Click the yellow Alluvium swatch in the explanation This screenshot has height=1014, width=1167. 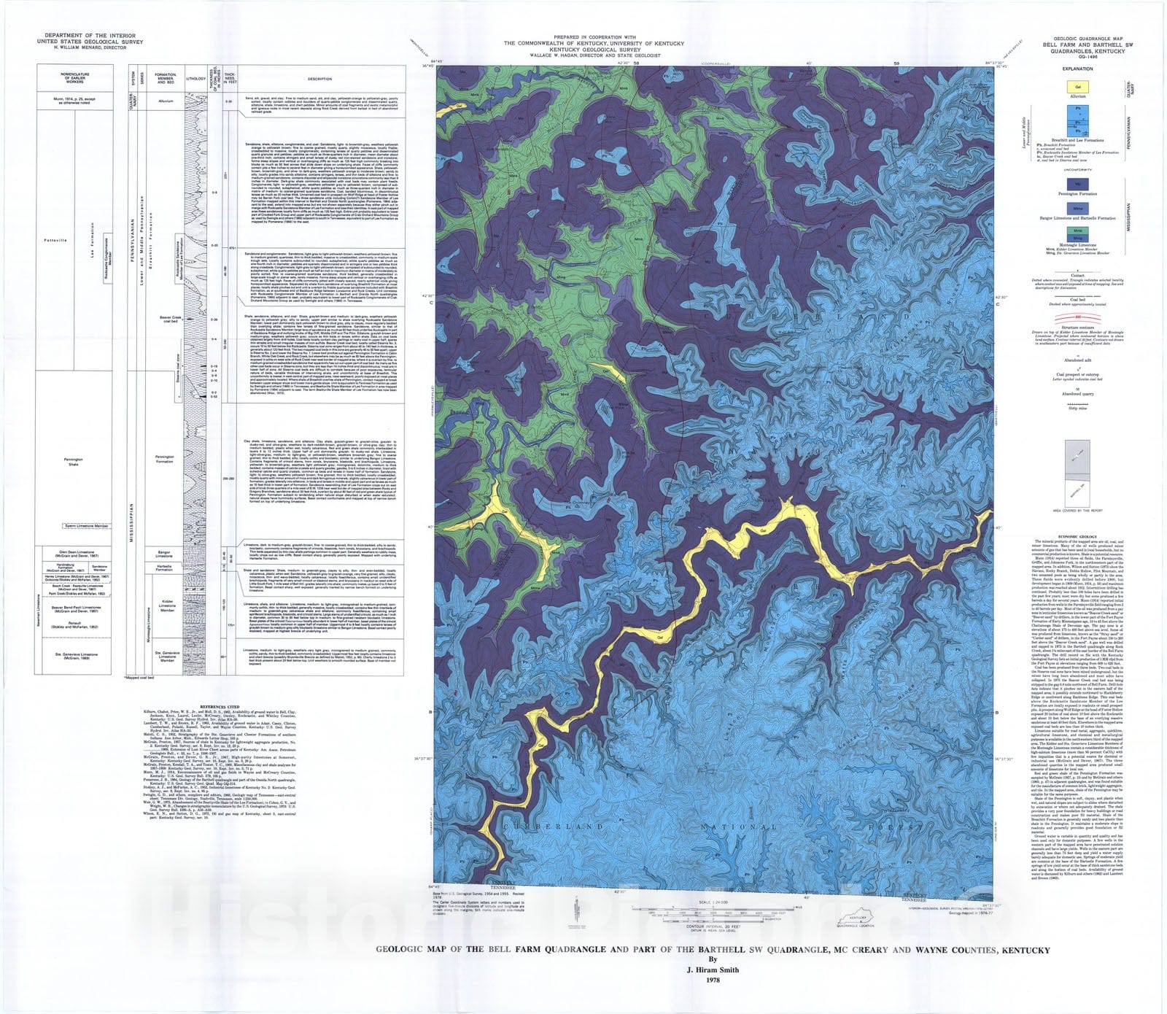pos(1077,87)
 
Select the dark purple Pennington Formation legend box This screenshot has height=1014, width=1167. pos(1077,185)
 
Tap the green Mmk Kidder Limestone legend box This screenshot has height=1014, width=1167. pos(1077,231)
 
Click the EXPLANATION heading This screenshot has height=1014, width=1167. pos(1077,69)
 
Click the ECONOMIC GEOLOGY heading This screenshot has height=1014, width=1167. pos(1077,536)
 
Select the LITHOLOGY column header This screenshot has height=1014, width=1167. pos(196,79)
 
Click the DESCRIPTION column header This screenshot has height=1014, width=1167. pos(319,79)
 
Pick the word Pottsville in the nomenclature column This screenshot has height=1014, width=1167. pos(55,240)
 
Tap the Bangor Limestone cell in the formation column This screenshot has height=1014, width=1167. pos(164,554)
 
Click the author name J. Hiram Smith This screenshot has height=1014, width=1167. pos(713,970)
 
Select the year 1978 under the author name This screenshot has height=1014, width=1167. pos(713,980)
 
